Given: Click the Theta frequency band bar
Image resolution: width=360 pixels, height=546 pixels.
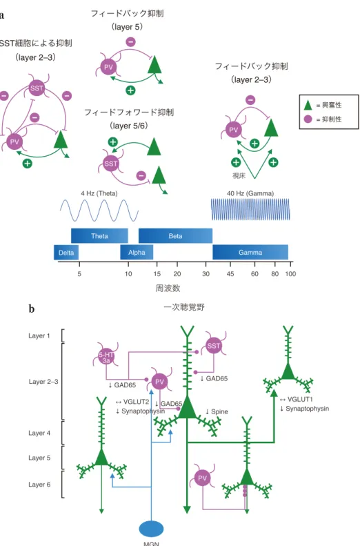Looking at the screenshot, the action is [99, 236].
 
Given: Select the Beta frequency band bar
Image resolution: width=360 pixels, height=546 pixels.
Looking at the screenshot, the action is [175, 236].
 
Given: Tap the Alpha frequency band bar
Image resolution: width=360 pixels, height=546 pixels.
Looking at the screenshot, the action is [137, 253].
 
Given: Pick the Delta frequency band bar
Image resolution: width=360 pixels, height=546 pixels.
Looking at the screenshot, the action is [66, 253].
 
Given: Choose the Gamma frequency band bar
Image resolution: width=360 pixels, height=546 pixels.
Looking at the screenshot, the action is [250, 253].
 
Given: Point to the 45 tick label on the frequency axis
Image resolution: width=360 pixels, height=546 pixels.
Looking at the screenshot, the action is [230, 274].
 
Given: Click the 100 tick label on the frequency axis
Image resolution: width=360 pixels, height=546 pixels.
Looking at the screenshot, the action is [290, 274].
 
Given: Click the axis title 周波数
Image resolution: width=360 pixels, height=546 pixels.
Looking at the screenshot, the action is [168, 288].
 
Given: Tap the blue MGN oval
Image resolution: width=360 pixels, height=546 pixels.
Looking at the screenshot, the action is [151, 529].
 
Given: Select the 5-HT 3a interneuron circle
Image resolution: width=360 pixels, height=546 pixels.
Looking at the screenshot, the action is [106, 358].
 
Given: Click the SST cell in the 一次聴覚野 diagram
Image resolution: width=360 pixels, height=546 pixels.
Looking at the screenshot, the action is [214, 346].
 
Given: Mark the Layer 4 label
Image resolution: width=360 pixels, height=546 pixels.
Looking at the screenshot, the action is [39, 433].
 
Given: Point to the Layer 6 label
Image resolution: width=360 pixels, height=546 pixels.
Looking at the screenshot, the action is [39, 485].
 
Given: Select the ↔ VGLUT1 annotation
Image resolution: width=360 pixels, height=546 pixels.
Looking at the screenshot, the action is [297, 400].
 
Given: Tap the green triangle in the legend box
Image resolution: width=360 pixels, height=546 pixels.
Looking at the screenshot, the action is [308, 105].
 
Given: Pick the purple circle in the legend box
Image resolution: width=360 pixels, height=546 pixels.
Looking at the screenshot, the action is [308, 119].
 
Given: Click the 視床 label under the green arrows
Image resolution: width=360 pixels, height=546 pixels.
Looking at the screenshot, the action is [239, 176].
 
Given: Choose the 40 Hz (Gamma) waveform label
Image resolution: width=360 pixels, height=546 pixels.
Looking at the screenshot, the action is [250, 193].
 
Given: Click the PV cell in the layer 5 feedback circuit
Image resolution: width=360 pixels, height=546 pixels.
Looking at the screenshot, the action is [108, 67].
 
